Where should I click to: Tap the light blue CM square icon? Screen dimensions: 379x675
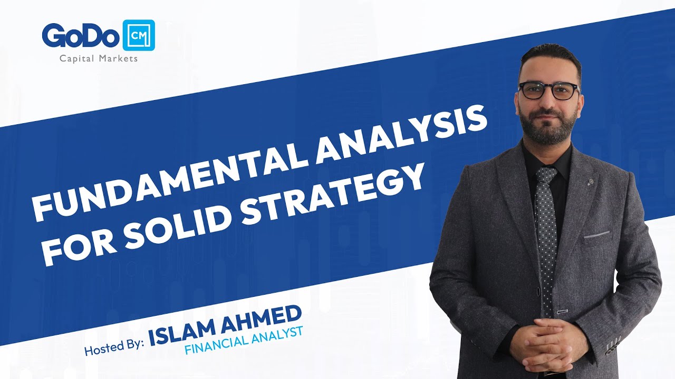click(x=138, y=35)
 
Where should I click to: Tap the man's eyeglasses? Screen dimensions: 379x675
click(x=548, y=91)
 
